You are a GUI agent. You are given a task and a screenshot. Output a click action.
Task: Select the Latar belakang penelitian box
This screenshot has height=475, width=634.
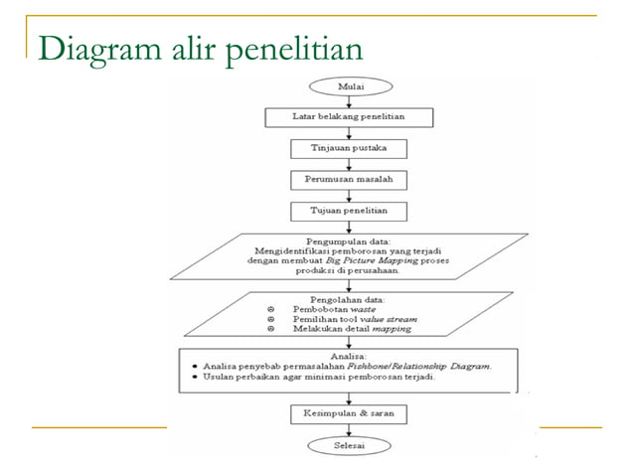[x=349, y=117]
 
